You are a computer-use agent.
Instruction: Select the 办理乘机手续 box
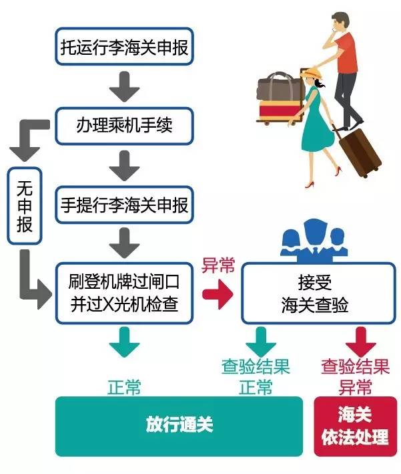[x=125, y=125]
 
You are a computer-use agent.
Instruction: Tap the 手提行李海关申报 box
[x=125, y=205]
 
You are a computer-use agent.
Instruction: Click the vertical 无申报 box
[x=25, y=206]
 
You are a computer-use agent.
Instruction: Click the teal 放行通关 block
[x=178, y=425]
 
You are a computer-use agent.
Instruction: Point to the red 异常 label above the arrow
[x=218, y=265]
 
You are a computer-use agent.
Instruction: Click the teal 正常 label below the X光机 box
[x=124, y=386]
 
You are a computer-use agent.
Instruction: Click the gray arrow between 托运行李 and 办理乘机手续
[x=124, y=85]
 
